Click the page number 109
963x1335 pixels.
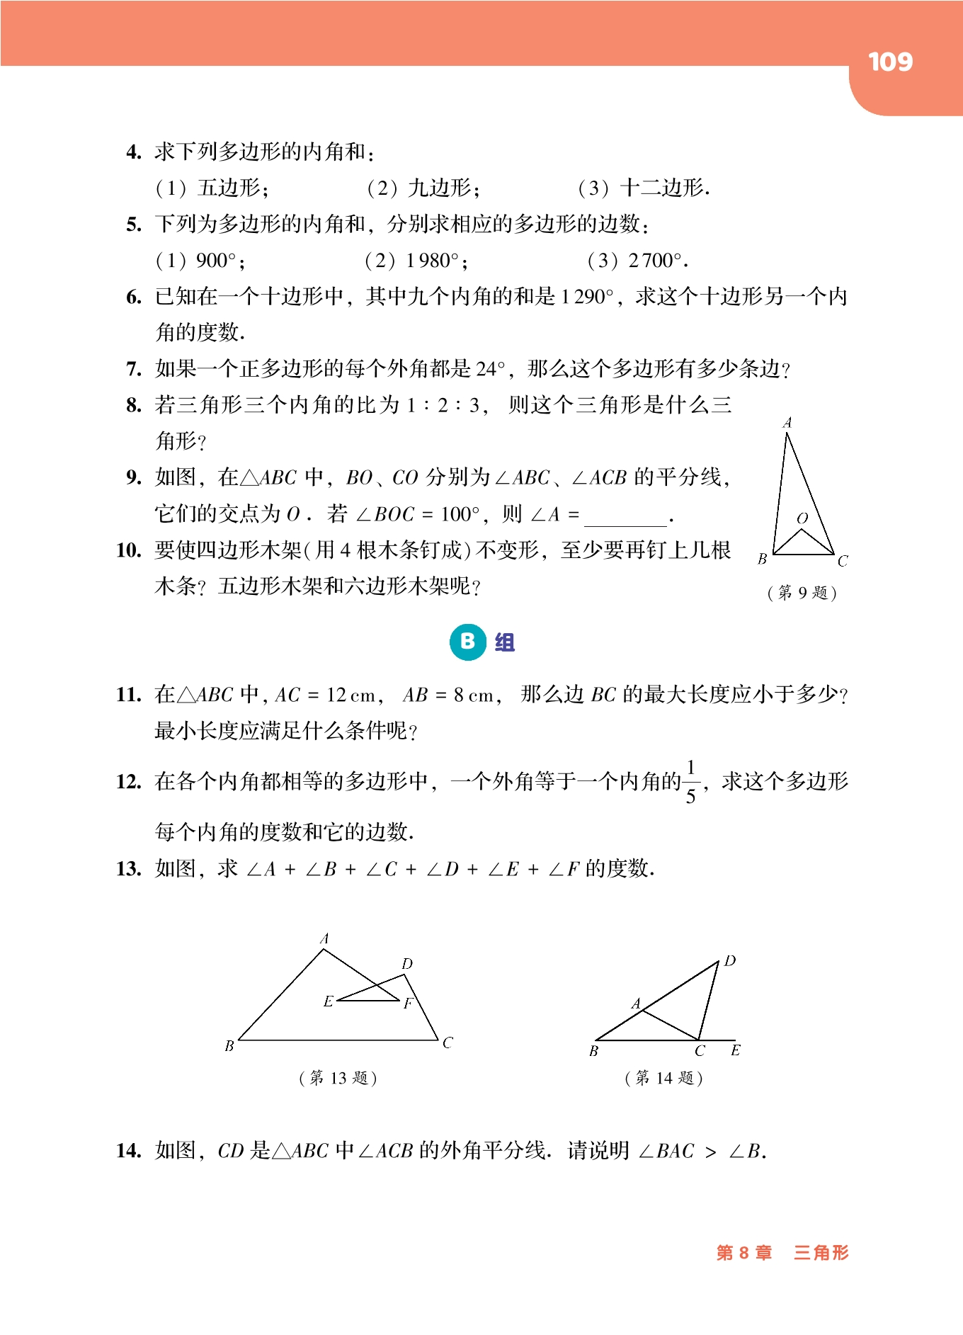(890, 62)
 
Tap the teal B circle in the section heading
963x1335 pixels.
(467, 642)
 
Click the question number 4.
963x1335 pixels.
(134, 152)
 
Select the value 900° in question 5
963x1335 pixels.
(215, 261)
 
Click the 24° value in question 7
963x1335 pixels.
(491, 369)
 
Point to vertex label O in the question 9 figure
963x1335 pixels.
(802, 518)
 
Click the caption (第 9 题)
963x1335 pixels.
(802, 592)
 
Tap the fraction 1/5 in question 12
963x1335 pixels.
(690, 782)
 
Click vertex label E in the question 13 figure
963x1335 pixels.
(328, 1001)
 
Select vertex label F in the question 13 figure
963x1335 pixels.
(408, 1003)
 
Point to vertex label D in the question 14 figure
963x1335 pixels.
(730, 961)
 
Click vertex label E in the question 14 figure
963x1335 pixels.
(736, 1050)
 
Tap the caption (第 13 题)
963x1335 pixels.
(338, 1078)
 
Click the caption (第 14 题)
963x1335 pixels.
(663, 1078)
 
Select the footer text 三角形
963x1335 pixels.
(821, 1252)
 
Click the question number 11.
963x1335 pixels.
(129, 695)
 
